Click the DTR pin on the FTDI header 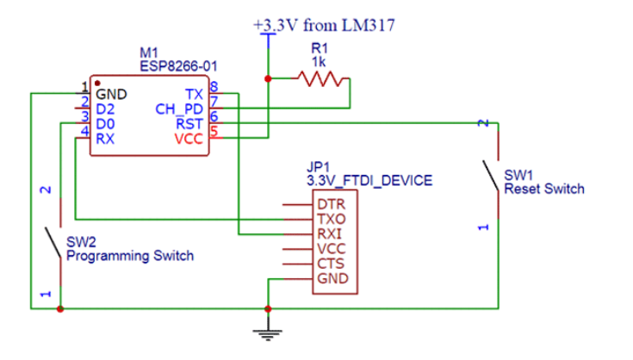(x=330, y=205)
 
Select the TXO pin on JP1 (x=330, y=220)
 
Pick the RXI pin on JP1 (x=330, y=234)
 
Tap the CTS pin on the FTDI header (x=330, y=264)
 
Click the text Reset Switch (x=543, y=189)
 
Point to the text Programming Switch (x=129, y=256)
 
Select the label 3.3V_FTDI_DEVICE (x=369, y=181)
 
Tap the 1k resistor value (x=320, y=62)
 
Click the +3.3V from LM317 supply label (x=325, y=26)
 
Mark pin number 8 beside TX (x=213, y=87)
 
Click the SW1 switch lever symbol (x=491, y=176)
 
